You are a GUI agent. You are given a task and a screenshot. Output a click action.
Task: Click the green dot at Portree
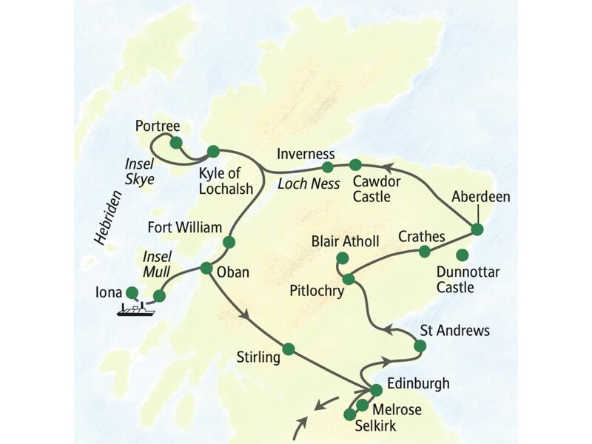point(176,142)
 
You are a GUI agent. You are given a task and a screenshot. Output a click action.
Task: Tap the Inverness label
point(306,154)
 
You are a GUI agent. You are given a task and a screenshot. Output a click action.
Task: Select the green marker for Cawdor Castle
point(355,164)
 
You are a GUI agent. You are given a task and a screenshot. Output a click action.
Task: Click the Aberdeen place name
point(480,198)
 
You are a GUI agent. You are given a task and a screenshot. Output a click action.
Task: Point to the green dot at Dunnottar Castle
point(462,255)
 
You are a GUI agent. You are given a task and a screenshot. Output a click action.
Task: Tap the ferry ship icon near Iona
point(135,309)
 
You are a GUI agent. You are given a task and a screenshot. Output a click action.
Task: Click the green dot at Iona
point(132,292)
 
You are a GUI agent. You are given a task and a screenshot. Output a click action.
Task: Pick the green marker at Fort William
point(229,242)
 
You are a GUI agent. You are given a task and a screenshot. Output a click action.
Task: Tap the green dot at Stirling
point(289,349)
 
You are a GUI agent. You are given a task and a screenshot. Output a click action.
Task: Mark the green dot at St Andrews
point(420,346)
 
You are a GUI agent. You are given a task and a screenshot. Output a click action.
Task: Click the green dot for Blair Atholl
point(342,258)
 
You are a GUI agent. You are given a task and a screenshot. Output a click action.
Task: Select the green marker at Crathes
point(424,252)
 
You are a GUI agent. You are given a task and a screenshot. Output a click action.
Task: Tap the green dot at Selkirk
point(349,414)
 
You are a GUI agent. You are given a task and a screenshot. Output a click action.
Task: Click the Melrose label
point(398,408)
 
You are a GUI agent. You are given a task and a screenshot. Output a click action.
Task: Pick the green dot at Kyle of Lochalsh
point(213,152)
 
